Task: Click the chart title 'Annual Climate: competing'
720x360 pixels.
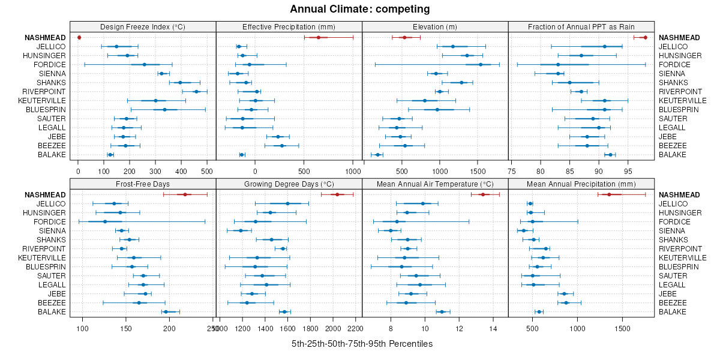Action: pos(360,9)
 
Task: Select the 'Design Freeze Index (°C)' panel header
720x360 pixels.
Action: pos(143,26)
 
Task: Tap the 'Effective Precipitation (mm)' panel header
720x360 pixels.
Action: pos(289,26)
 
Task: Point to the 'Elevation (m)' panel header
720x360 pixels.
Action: pos(435,26)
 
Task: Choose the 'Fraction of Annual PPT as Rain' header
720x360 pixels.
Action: pos(581,26)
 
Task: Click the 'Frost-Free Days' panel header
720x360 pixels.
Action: pos(143,184)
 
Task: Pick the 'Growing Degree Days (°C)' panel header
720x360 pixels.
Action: pos(289,184)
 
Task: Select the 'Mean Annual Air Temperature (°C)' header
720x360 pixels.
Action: pos(435,184)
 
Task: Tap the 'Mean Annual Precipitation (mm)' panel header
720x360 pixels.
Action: pos(581,184)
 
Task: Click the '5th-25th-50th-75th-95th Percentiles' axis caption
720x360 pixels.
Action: pos(362,344)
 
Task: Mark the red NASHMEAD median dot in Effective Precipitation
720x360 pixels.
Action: pos(319,38)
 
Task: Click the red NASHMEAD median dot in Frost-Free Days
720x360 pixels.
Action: pos(185,194)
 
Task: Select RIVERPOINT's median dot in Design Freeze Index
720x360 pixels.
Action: pos(196,92)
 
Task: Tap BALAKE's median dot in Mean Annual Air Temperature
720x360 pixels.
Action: pos(442,312)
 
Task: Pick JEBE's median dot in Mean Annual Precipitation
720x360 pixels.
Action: pos(564,294)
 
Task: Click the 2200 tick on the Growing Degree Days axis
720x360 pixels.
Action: pos(355,329)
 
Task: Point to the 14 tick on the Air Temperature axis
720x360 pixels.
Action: pos(494,329)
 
